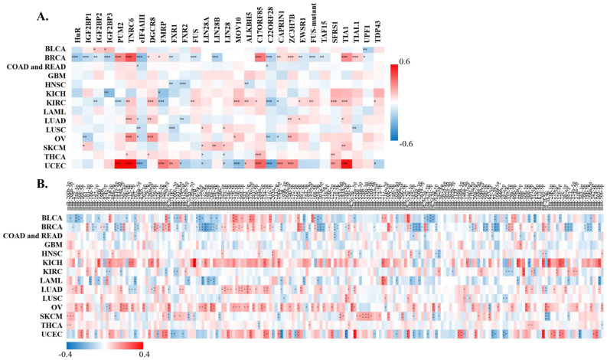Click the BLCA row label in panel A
tap(54, 49)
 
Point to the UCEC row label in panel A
tap(54, 164)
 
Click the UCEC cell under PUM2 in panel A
tap(119, 164)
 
